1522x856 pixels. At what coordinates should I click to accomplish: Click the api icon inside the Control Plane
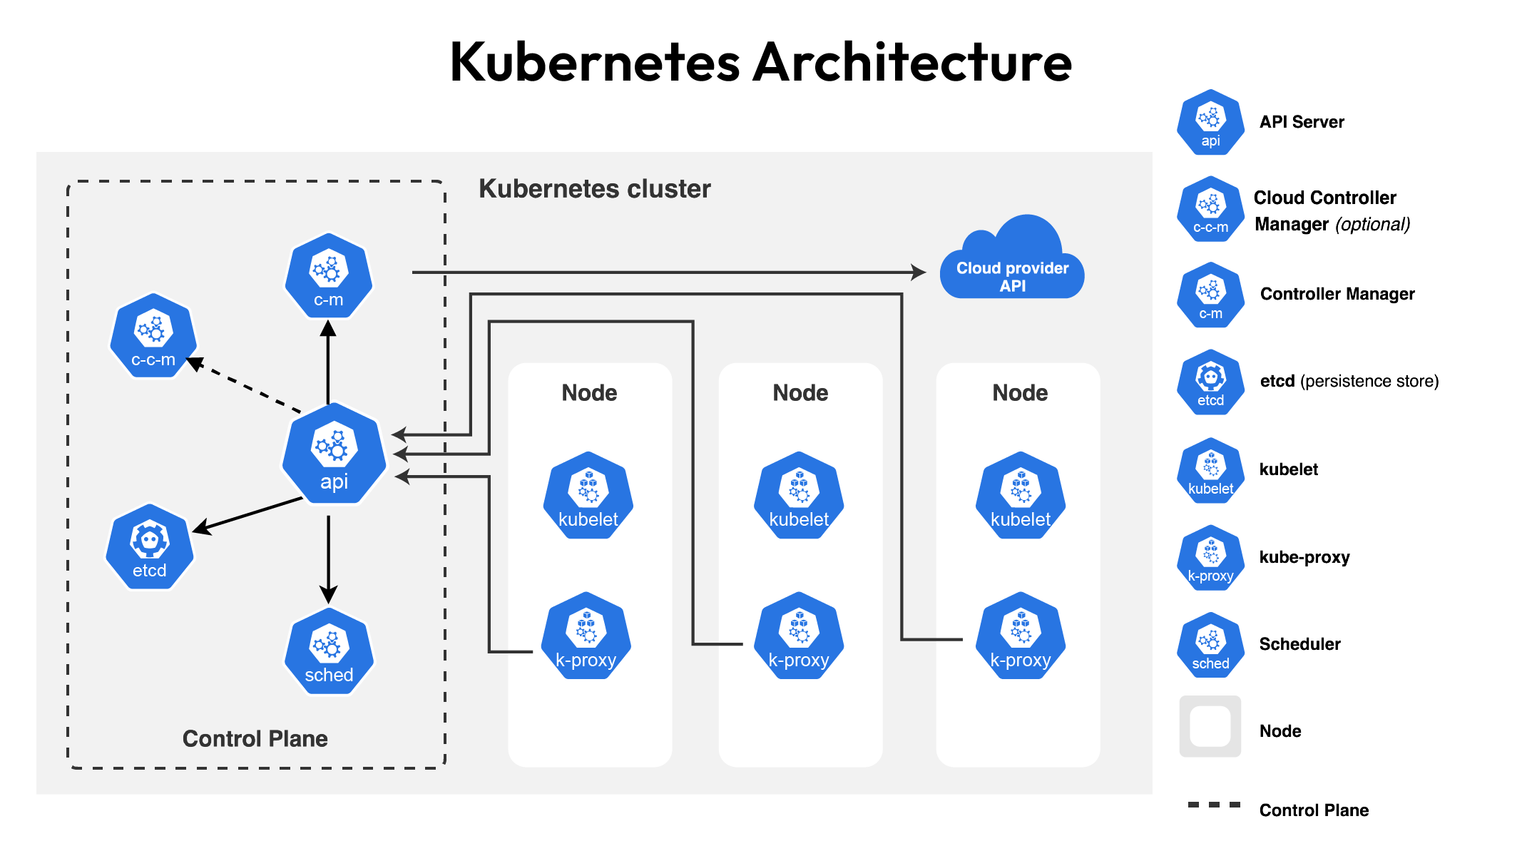[334, 454]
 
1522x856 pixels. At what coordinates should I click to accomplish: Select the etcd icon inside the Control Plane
[150, 547]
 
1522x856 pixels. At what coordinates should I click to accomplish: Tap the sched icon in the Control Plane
[329, 651]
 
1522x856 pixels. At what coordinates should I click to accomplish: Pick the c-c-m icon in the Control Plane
[153, 336]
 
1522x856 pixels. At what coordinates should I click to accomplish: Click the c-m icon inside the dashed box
[329, 276]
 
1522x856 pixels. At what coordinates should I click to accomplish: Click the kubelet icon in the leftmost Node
[588, 496]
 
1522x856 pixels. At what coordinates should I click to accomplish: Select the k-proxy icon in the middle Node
[799, 636]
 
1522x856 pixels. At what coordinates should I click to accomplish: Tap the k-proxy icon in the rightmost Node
[1021, 636]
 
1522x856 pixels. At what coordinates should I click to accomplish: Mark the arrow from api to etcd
[250, 514]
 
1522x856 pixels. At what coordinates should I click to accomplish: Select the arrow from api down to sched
[328, 556]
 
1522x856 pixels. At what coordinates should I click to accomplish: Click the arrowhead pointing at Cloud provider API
[919, 272]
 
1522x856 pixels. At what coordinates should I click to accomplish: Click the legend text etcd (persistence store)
[1349, 381]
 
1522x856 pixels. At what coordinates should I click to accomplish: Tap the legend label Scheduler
[1299, 644]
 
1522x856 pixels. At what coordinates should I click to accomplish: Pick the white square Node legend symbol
[1210, 726]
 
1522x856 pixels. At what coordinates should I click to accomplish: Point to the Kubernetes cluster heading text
[594, 189]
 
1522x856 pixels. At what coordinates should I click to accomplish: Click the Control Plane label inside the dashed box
[255, 738]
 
